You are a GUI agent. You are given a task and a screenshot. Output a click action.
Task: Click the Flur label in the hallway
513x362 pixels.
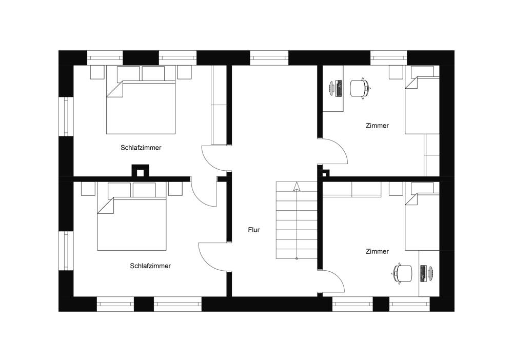point(253,230)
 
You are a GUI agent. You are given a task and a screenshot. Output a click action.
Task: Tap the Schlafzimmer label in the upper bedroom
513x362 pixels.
point(141,148)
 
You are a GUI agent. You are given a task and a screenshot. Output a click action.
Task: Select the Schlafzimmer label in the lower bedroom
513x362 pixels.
point(150,266)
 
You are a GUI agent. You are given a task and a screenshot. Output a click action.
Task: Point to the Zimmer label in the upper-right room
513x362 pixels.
point(377,126)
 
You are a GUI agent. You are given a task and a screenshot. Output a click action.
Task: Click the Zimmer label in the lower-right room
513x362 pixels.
point(377,251)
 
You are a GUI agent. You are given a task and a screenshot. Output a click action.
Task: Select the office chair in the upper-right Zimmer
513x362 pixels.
point(360,88)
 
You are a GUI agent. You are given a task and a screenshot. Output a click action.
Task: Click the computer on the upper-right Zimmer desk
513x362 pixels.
point(335,88)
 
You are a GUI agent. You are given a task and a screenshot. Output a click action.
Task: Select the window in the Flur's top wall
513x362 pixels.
point(269,57)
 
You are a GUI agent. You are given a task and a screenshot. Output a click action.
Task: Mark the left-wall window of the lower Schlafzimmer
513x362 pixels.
point(66,250)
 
